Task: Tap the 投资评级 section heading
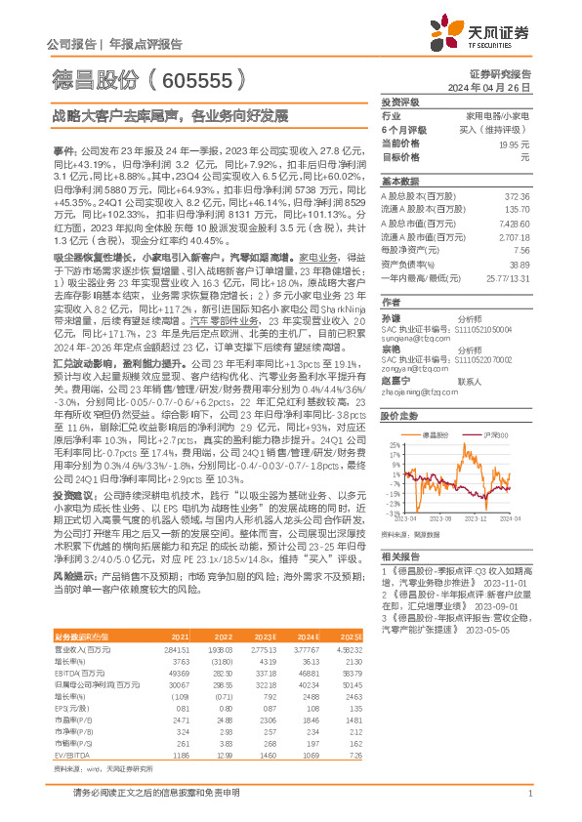pos(400,102)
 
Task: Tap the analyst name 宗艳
pos(390,349)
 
